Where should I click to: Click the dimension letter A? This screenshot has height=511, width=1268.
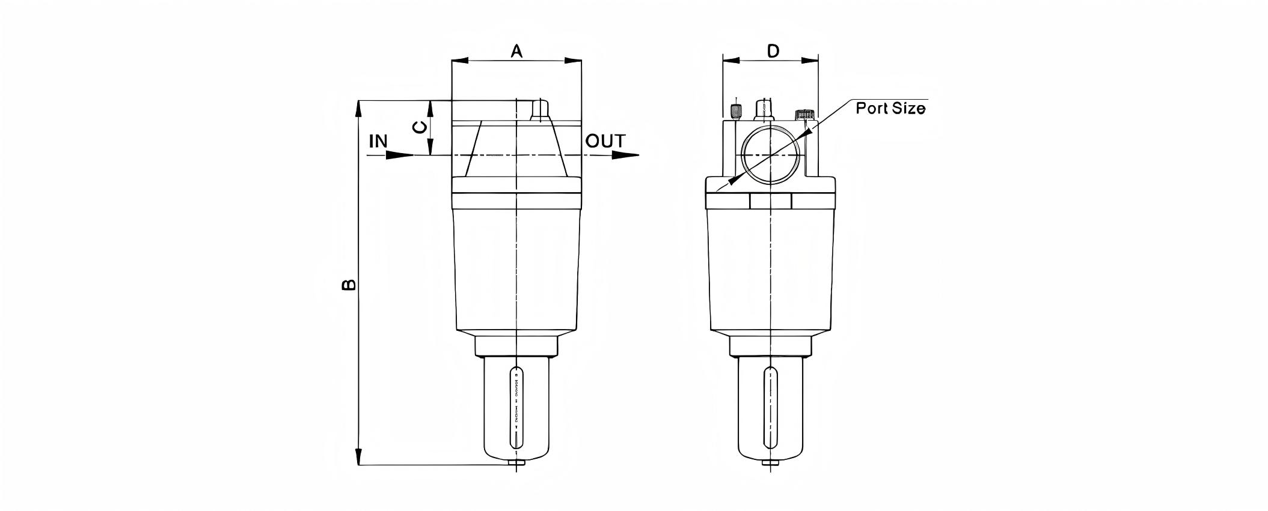pyautogui.click(x=516, y=52)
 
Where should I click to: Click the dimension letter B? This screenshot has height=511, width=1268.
pyautogui.click(x=349, y=284)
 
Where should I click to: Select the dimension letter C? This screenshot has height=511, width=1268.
pyautogui.click(x=420, y=127)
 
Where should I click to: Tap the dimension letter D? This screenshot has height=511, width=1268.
pyautogui.click(x=773, y=51)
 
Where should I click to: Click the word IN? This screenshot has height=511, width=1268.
pyautogui.click(x=378, y=142)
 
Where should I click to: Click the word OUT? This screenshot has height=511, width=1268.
pyautogui.click(x=605, y=142)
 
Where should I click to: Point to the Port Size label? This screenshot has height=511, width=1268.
pyautogui.click(x=890, y=109)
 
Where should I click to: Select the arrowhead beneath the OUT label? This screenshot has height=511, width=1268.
pyautogui.click(x=625, y=156)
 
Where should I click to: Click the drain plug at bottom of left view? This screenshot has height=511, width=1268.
pyautogui.click(x=516, y=463)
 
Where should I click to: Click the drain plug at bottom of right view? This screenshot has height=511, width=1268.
pyautogui.click(x=771, y=463)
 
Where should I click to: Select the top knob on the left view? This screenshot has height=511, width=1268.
pyautogui.click(x=540, y=110)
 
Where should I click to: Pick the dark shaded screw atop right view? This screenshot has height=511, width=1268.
pyautogui.click(x=735, y=112)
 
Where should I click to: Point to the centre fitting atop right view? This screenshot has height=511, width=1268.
pyautogui.click(x=764, y=110)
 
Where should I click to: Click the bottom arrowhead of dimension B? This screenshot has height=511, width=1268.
pyautogui.click(x=359, y=456)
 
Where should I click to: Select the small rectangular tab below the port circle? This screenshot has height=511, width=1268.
pyautogui.click(x=771, y=201)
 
